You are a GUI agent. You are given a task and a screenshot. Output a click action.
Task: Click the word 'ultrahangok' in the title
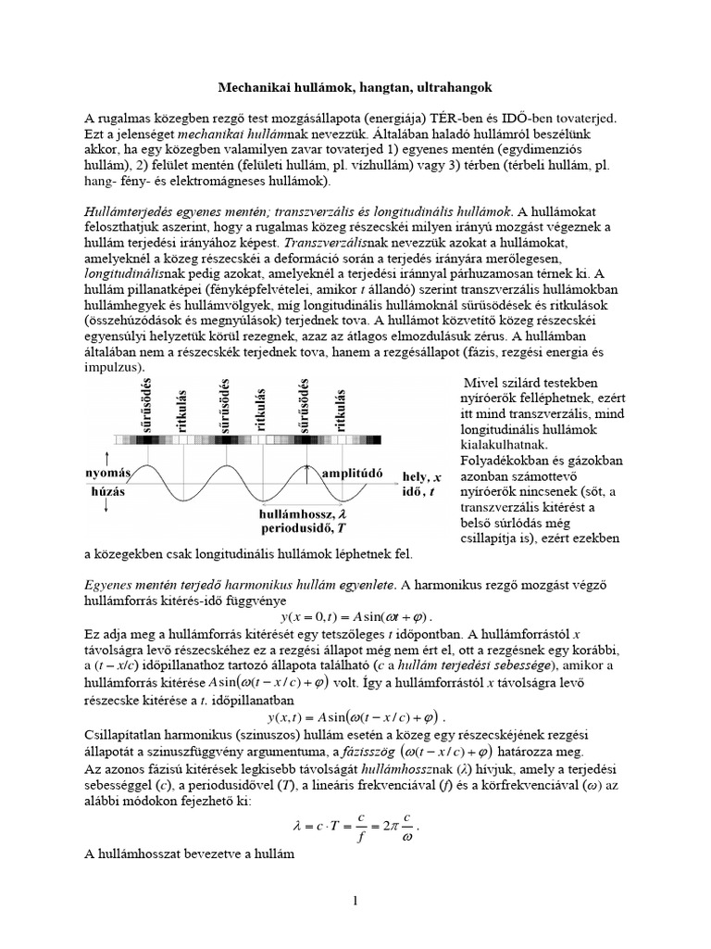(x=454, y=86)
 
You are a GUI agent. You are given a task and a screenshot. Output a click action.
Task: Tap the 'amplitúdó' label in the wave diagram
(x=354, y=473)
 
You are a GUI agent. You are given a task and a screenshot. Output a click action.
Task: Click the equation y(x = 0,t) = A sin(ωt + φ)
(x=356, y=616)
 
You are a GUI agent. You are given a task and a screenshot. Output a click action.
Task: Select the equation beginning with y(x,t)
(x=355, y=716)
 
